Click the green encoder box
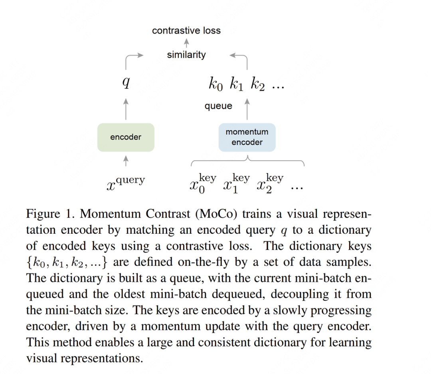tap(126, 137)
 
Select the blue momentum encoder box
tap(247, 137)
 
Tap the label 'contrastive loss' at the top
tap(186, 31)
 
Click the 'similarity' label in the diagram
tap(186, 55)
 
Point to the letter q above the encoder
tap(126, 83)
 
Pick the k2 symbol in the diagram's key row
tap(258, 84)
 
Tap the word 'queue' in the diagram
tap(218, 106)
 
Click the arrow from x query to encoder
tap(126, 161)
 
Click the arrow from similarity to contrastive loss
tap(186, 43)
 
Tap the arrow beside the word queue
tap(247, 108)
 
